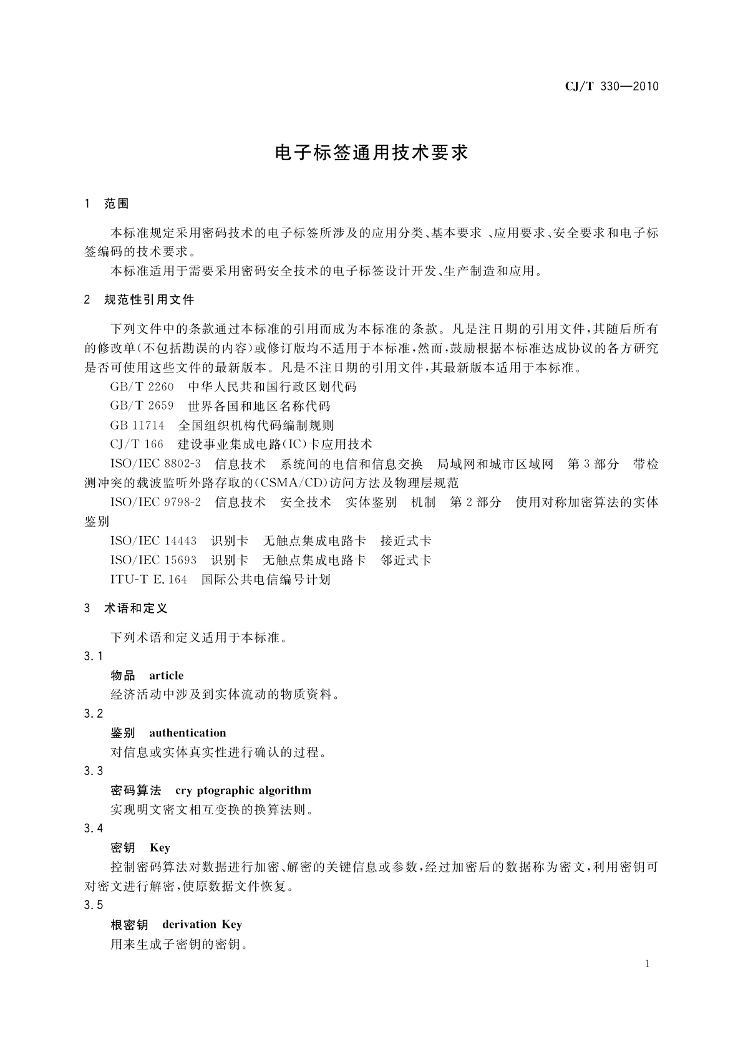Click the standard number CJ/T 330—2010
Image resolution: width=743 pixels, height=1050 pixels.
(611, 87)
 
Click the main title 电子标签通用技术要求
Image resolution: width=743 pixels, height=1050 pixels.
(371, 153)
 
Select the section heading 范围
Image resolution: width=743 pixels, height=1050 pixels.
(117, 204)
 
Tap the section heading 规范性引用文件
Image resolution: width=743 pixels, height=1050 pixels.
(149, 300)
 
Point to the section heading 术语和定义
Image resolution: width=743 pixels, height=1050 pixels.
(136, 609)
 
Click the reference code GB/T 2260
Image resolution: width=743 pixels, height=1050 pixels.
(142, 387)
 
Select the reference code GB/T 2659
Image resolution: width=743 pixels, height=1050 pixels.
(142, 407)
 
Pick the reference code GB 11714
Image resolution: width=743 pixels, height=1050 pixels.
(137, 426)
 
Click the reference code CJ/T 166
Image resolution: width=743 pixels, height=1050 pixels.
(137, 445)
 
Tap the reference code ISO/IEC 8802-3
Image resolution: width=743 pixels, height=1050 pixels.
(155, 465)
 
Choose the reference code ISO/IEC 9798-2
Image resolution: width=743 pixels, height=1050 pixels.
(155, 503)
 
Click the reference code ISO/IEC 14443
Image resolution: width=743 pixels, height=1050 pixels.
(153, 541)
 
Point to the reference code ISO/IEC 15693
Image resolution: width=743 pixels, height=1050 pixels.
(153, 561)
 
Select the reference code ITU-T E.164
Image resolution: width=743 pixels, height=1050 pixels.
(148, 580)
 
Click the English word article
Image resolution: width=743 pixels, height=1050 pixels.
(166, 676)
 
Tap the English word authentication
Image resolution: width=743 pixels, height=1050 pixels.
(187, 733)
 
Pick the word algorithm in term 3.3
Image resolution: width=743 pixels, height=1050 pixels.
(286, 791)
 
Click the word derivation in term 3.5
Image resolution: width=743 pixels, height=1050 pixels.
(189, 925)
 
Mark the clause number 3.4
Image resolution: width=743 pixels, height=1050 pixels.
(94, 829)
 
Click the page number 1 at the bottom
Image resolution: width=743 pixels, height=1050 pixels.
(647, 964)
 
